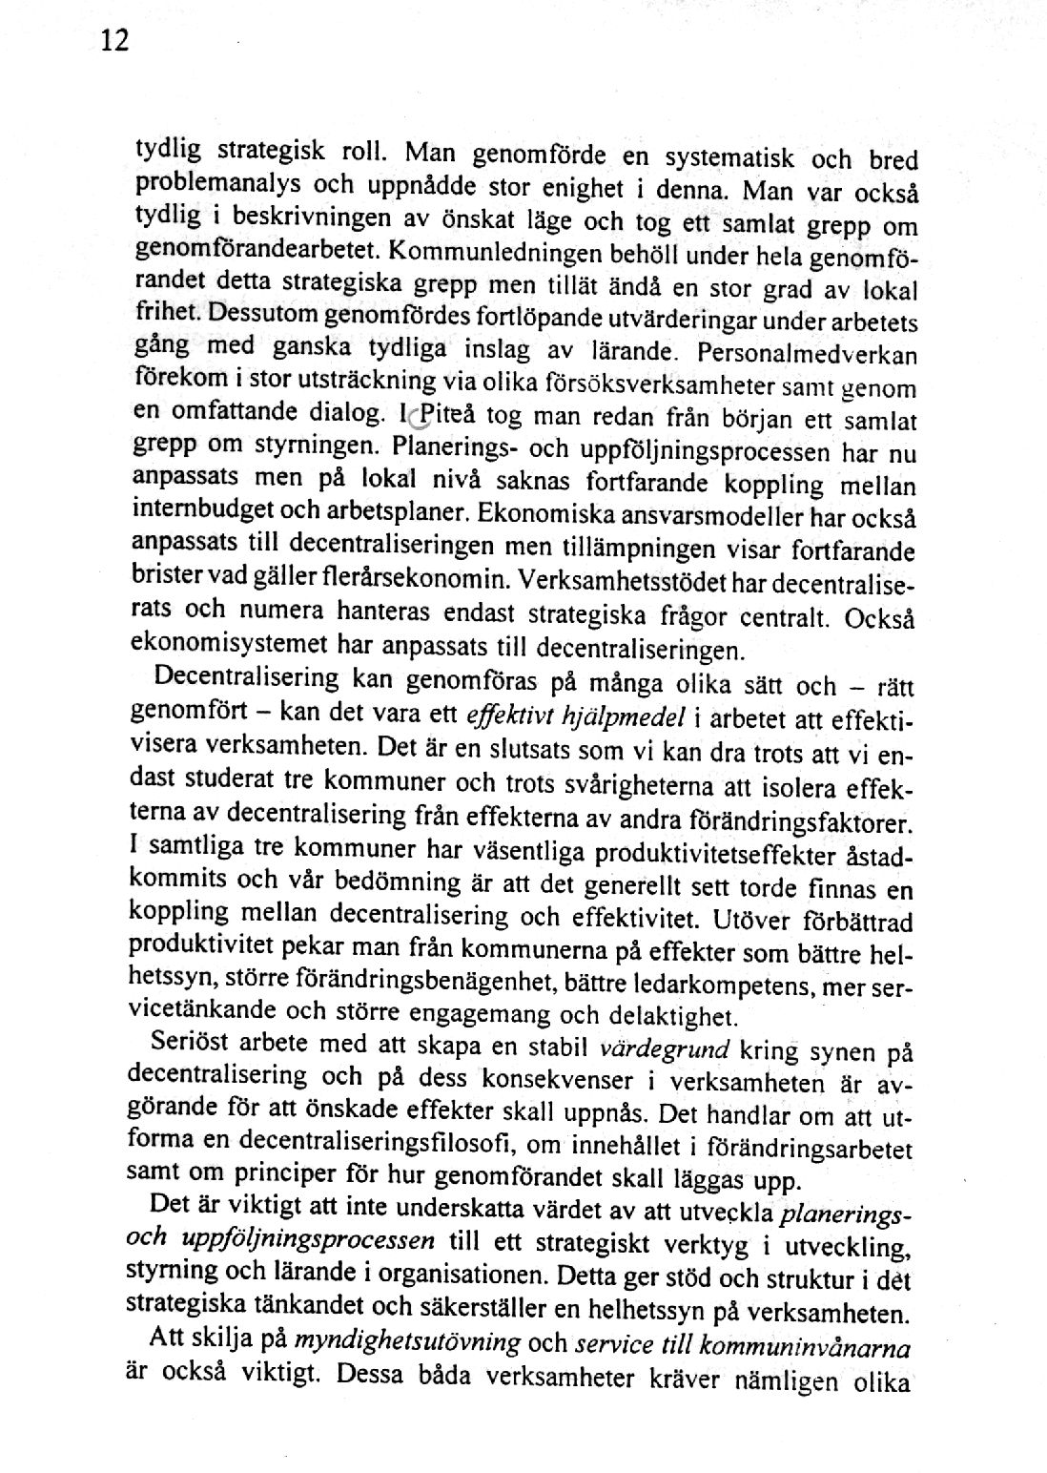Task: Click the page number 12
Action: tap(113, 41)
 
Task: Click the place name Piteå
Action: tap(448, 416)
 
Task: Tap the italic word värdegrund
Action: tap(666, 1049)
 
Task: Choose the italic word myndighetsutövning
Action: tap(407, 1343)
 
